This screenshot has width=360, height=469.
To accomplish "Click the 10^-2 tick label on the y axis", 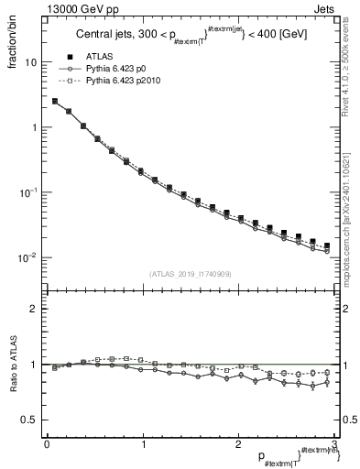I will point(28,257).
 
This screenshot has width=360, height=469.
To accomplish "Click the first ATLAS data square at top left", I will point(55,102).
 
